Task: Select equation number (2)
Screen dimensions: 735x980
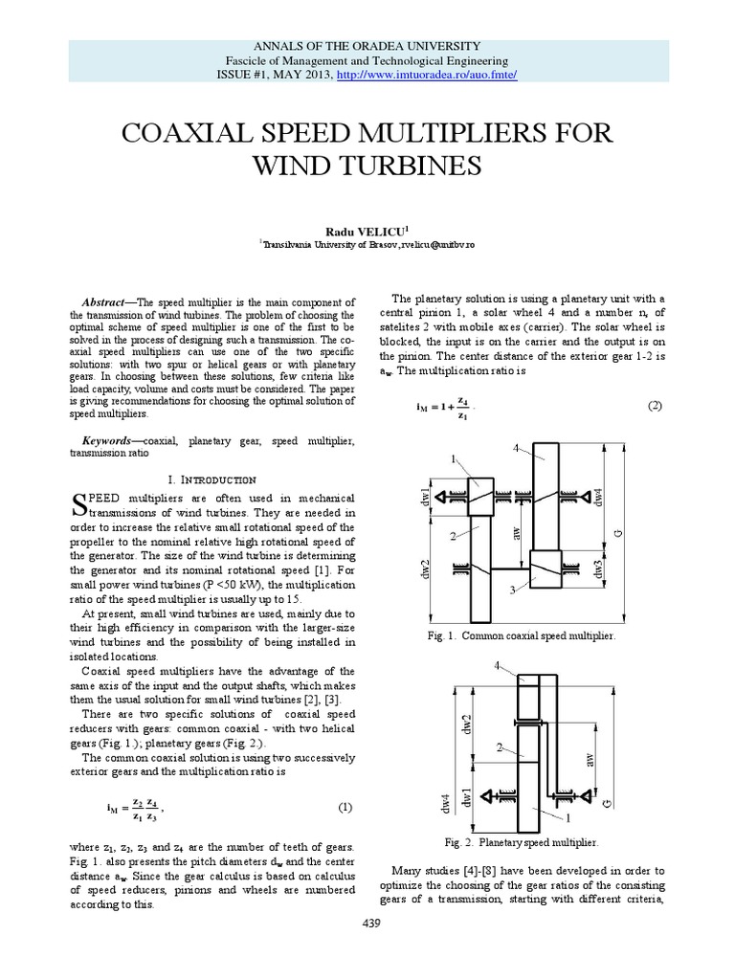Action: point(655,407)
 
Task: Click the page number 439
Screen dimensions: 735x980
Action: point(367,948)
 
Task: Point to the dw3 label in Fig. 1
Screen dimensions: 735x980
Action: point(597,567)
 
